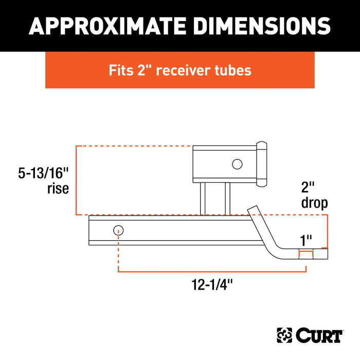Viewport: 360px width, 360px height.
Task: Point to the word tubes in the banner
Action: pos(235,70)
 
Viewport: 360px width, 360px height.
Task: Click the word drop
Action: pos(314,203)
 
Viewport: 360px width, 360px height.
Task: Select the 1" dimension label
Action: pos(307,240)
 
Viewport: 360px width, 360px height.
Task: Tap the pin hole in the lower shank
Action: pos(118,230)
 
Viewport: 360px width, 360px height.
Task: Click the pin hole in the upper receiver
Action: pos(237,164)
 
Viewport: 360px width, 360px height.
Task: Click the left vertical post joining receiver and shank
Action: pos(204,199)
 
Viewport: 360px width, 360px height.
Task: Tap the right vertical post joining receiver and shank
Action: pos(226,199)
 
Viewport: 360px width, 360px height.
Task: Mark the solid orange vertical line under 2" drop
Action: pos(327,231)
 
